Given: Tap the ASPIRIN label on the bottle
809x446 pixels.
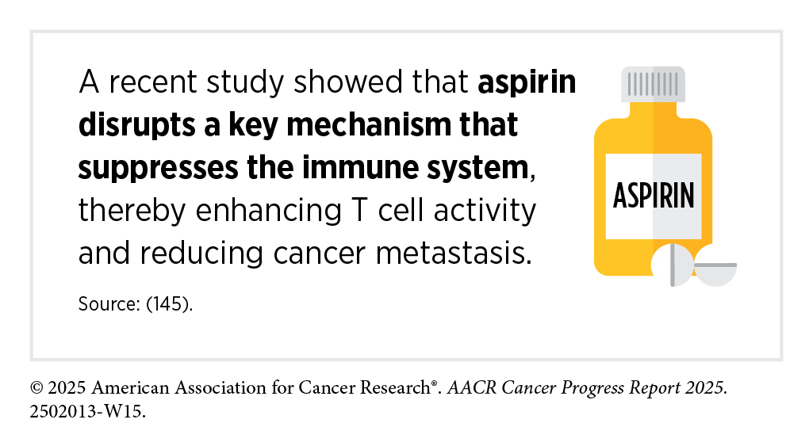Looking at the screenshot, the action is (x=654, y=196).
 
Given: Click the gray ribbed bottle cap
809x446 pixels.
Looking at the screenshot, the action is (x=654, y=84).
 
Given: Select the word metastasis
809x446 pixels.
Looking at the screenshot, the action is (x=454, y=253).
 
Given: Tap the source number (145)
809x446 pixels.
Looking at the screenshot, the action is (x=169, y=303).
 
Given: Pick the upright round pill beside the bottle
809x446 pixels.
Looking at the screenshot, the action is (x=673, y=265).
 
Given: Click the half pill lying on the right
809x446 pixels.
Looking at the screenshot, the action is (x=715, y=272).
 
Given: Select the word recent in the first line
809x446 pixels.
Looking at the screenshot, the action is (x=153, y=82).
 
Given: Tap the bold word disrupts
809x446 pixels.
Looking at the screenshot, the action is (x=136, y=125).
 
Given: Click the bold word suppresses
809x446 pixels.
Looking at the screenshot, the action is (x=159, y=169).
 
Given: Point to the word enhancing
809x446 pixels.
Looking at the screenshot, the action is (x=268, y=212).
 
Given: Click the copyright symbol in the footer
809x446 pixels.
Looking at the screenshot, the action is (x=36, y=387).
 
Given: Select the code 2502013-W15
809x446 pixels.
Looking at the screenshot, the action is (x=88, y=411).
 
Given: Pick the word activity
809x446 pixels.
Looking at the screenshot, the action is (x=485, y=212).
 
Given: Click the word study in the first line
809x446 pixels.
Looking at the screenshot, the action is (x=245, y=82).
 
